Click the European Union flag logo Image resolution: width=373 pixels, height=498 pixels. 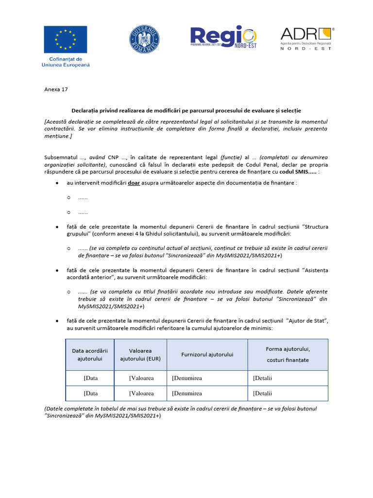(x=66, y=39)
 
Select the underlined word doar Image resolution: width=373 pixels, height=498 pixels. (x=134, y=183)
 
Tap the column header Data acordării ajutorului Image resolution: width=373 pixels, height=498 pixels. (x=90, y=355)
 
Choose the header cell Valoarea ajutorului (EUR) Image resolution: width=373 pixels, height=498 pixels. (x=140, y=355)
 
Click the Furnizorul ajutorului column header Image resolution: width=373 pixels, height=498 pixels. (x=207, y=355)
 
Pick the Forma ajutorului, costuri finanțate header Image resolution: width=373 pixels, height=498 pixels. (x=288, y=355)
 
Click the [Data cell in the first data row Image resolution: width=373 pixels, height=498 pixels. (x=91, y=378)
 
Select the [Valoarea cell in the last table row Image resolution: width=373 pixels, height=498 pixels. (x=141, y=393)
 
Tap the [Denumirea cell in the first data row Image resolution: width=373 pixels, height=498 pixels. (x=187, y=378)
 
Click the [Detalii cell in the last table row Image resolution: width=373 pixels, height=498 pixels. (x=263, y=393)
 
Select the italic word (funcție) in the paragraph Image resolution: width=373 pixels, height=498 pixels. (x=231, y=158)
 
